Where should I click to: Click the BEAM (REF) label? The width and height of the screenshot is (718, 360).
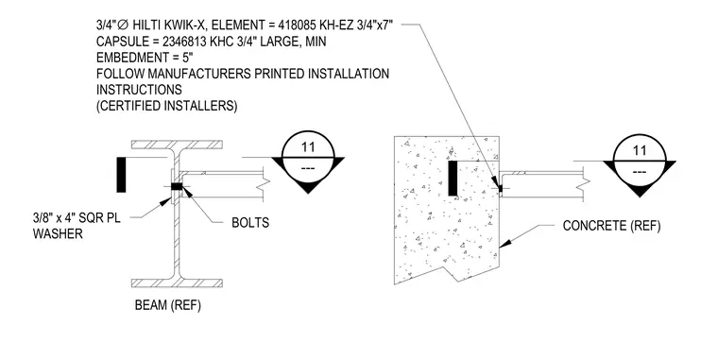[x=167, y=305]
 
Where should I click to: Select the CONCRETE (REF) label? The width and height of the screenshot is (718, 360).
[x=611, y=226]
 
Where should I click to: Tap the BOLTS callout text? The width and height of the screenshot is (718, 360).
[x=250, y=223]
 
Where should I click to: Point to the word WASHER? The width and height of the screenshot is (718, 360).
[x=58, y=233]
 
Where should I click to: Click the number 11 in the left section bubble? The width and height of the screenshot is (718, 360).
[x=308, y=147]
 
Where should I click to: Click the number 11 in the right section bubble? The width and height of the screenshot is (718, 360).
[x=640, y=150]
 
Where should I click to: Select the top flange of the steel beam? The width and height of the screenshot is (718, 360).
[x=178, y=145]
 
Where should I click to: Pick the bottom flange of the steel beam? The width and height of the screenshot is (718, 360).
[x=178, y=283]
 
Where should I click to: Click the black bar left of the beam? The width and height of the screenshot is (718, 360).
[x=121, y=175]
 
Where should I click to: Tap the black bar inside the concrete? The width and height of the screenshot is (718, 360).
[x=453, y=179]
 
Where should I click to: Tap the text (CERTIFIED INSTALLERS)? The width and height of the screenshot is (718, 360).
[x=166, y=106]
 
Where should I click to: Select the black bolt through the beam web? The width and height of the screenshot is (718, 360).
[x=177, y=186]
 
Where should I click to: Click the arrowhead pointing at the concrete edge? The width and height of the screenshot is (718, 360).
[x=504, y=243]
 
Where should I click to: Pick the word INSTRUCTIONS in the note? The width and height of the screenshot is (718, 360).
[x=139, y=90]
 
